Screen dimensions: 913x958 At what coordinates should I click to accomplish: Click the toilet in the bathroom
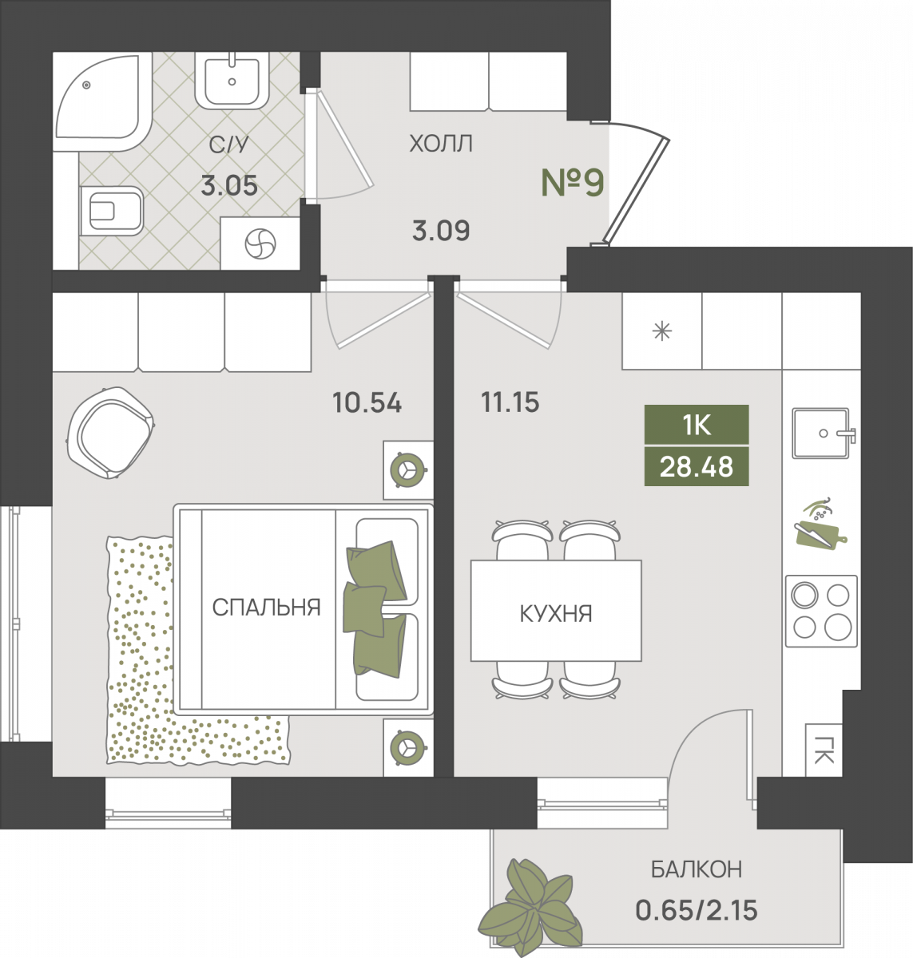coord(111,211)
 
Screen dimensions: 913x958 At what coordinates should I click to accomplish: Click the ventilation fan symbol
coord(260,243)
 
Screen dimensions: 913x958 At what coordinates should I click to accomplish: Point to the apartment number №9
coord(573,183)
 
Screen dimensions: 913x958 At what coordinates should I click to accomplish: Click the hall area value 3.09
coord(441,231)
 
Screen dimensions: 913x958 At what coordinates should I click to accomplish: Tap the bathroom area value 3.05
coord(229,186)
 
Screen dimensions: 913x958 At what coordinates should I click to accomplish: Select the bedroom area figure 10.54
coord(367,402)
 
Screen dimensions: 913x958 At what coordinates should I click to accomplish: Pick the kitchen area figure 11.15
coord(510,402)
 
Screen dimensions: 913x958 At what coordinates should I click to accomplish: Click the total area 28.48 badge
coord(697,466)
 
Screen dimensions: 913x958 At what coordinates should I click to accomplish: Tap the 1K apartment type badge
coord(697,425)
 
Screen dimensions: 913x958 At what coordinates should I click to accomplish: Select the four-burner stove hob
coord(821,612)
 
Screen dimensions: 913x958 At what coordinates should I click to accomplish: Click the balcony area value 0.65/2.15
coord(697,910)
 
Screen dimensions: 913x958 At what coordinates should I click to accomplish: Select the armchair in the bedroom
coord(110,433)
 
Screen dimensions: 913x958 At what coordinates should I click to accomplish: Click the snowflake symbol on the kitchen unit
coord(662,331)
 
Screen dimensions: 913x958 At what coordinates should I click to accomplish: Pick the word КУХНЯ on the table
coord(556,613)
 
